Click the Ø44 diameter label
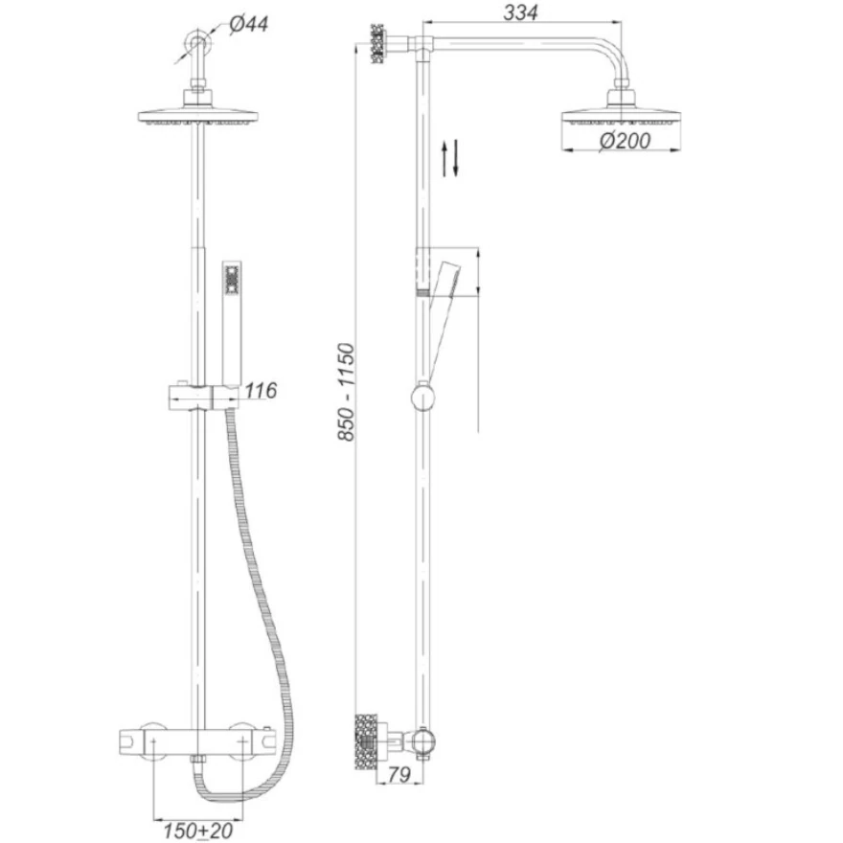[x=248, y=24]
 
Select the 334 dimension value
[x=520, y=12]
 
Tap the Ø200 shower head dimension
[x=625, y=141]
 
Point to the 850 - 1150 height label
[x=346, y=393]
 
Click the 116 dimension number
[x=261, y=390]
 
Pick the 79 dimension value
[x=399, y=775]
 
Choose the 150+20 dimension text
[x=198, y=831]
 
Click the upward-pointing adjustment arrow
[x=444, y=159]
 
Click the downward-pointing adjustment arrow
[x=455, y=157]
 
